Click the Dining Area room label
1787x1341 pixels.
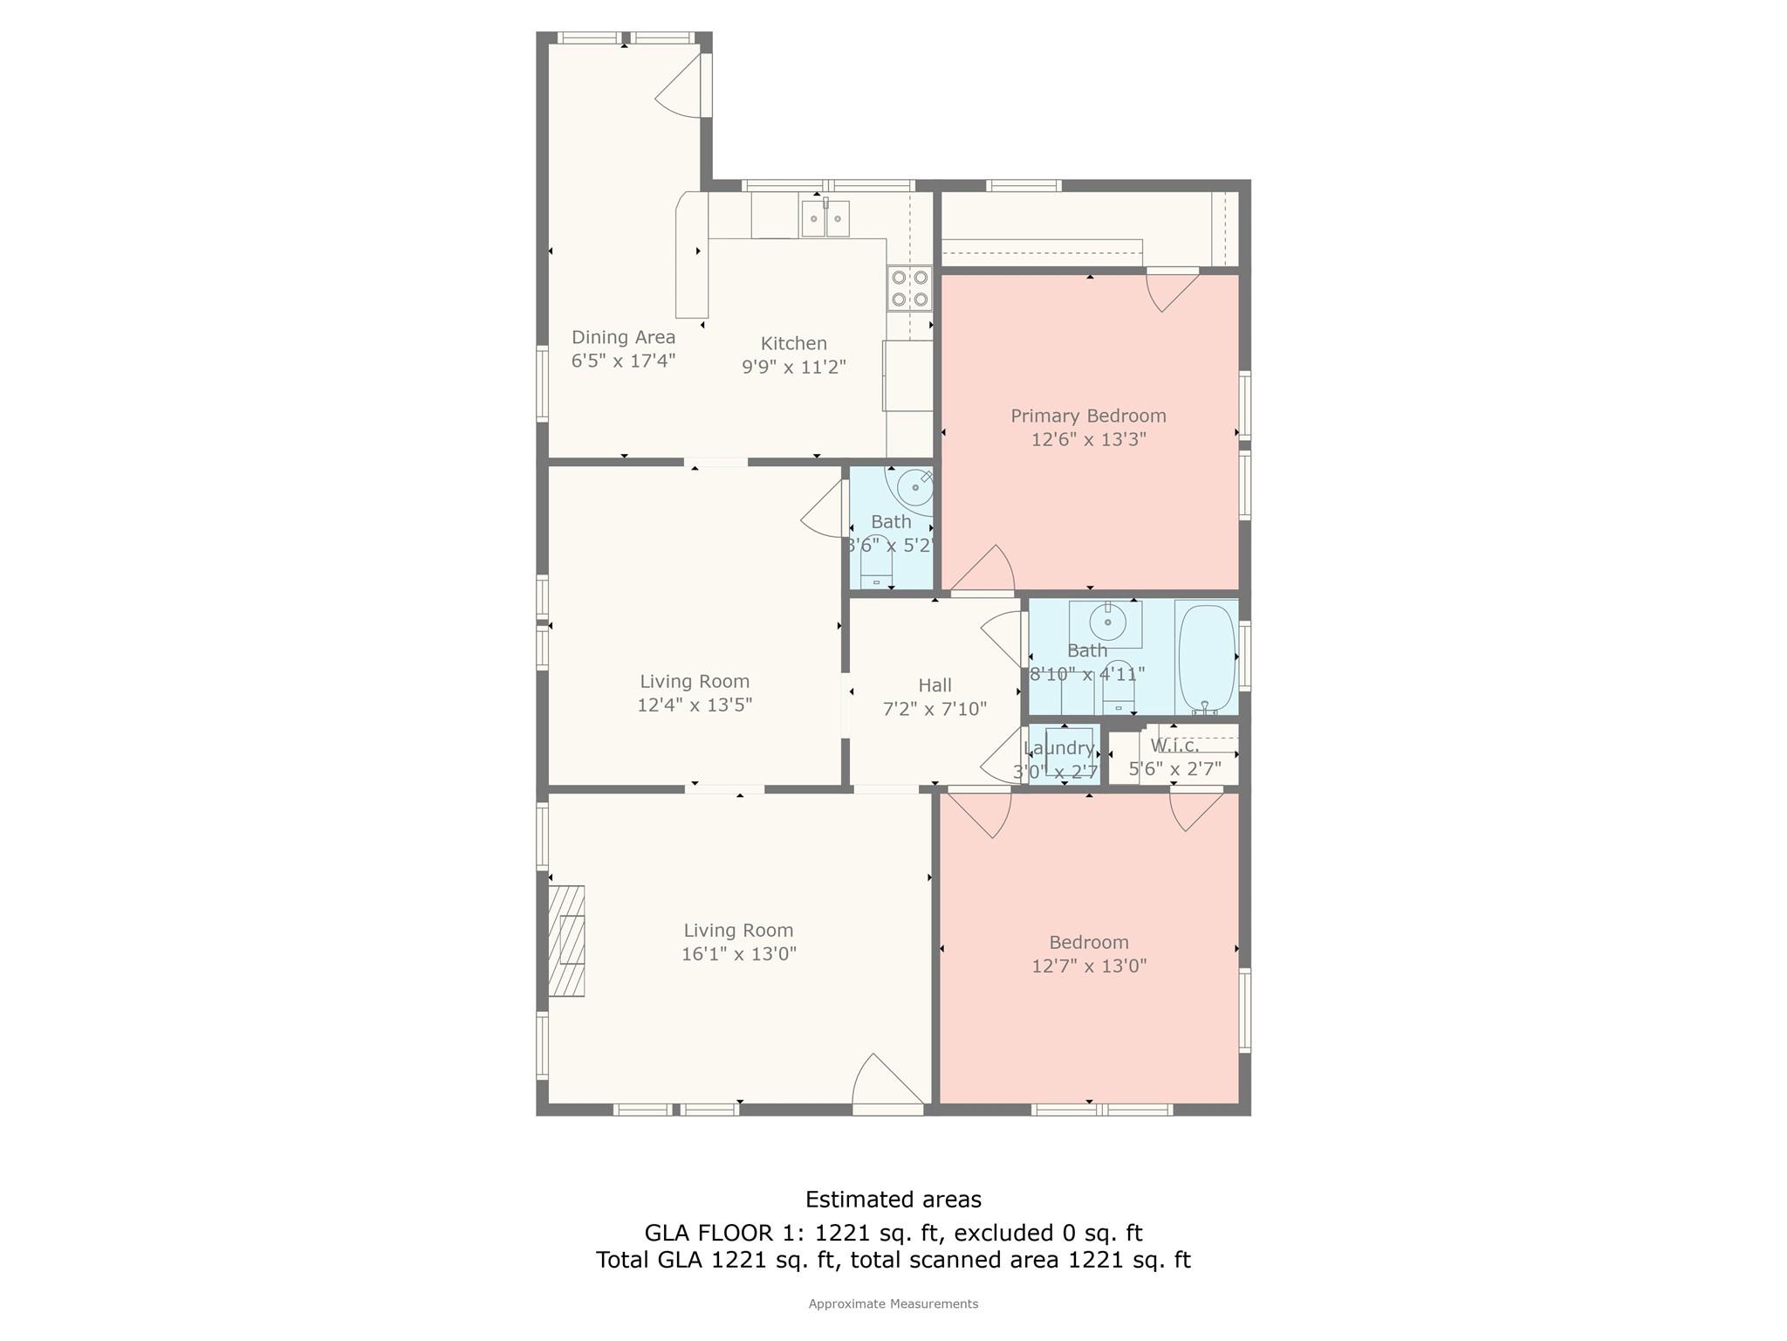point(623,337)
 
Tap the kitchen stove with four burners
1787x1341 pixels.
point(909,288)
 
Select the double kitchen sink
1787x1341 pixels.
point(825,218)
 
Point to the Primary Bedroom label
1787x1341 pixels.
point(1088,416)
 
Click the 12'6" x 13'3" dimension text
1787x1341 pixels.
point(1088,439)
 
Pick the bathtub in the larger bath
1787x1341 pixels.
point(1207,658)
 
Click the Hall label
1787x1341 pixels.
point(935,685)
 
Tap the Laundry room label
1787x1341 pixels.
point(1059,748)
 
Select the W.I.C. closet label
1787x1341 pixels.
point(1174,746)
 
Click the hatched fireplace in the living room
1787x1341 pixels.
point(566,940)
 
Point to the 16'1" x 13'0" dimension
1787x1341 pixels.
point(739,954)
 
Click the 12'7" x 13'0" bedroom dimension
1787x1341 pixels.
point(1089,966)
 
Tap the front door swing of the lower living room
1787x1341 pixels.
point(887,1083)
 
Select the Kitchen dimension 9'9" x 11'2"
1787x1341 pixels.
point(794,367)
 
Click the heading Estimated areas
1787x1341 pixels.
point(893,1200)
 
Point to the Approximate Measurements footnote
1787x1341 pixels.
point(893,1304)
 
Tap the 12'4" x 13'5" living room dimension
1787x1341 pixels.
point(695,705)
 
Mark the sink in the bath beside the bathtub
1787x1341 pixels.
point(1107,622)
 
